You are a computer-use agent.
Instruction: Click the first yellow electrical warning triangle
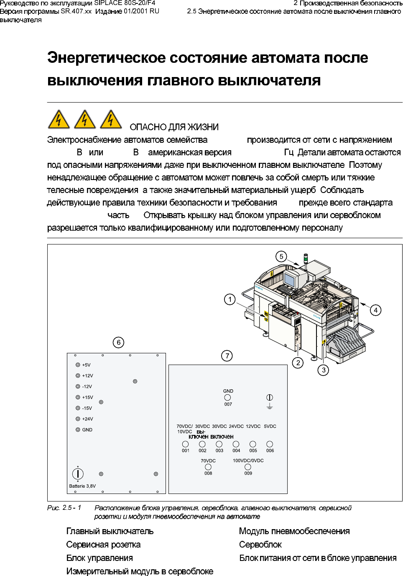[x=59, y=120]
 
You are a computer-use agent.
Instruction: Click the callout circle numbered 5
[x=281, y=257]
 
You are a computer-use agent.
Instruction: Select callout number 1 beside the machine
[x=230, y=299]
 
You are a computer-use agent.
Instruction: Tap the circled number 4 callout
[x=376, y=310]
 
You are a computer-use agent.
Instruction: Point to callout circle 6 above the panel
[x=119, y=342]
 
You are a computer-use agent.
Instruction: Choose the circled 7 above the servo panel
[x=227, y=356]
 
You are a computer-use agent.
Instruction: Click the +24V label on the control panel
[x=87, y=419]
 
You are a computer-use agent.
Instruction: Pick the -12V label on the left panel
[x=87, y=387]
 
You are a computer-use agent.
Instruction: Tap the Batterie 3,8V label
[x=82, y=486]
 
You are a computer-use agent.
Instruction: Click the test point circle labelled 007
[x=227, y=398]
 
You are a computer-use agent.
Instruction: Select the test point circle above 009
[x=248, y=467]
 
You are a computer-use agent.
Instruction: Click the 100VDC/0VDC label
[x=248, y=460]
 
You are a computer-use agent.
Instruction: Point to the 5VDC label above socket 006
[x=270, y=427]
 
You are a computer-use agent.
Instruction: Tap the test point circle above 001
[x=186, y=444]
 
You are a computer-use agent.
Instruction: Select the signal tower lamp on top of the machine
[x=306, y=258]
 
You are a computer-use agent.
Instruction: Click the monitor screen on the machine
[x=290, y=279]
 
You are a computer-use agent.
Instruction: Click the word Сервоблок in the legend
[x=260, y=545]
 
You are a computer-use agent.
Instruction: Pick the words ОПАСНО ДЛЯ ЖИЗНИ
[x=174, y=127]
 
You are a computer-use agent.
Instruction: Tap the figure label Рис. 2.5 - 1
[x=64, y=508]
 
